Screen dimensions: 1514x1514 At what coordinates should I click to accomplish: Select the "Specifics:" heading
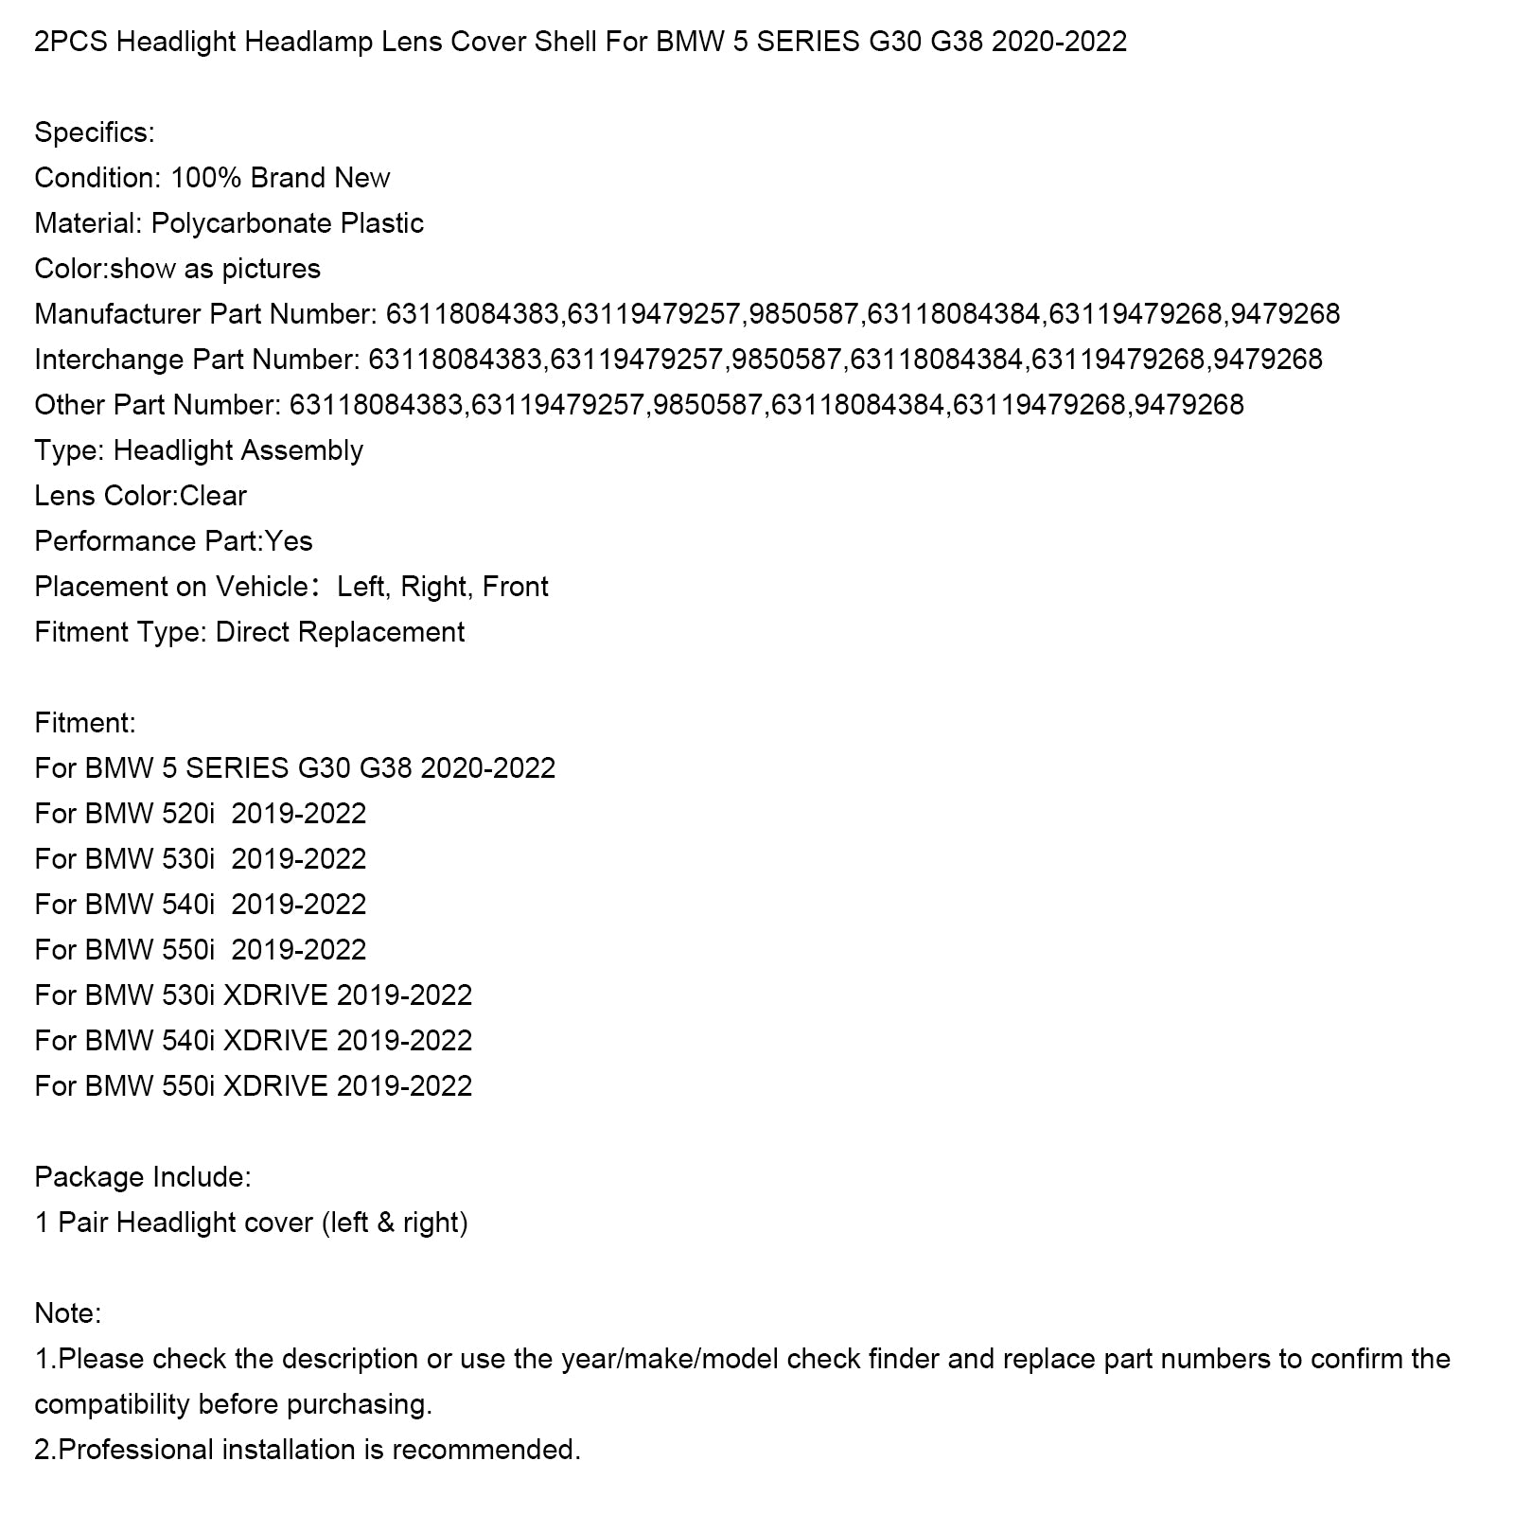point(94,132)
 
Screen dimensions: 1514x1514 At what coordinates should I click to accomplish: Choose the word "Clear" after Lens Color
point(213,496)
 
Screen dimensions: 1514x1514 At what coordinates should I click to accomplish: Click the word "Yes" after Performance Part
point(289,541)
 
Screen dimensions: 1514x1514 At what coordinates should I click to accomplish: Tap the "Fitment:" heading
point(85,723)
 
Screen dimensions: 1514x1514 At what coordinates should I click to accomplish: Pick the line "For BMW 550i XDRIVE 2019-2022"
point(253,1086)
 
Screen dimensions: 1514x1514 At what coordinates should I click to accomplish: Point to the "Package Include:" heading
point(143,1177)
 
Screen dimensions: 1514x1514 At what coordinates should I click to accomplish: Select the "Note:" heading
point(67,1313)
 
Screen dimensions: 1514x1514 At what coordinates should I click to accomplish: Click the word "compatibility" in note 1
point(112,1404)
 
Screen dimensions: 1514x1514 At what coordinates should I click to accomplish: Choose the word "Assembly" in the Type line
point(302,450)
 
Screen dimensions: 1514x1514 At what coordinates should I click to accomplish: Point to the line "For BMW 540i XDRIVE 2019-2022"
point(253,1041)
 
